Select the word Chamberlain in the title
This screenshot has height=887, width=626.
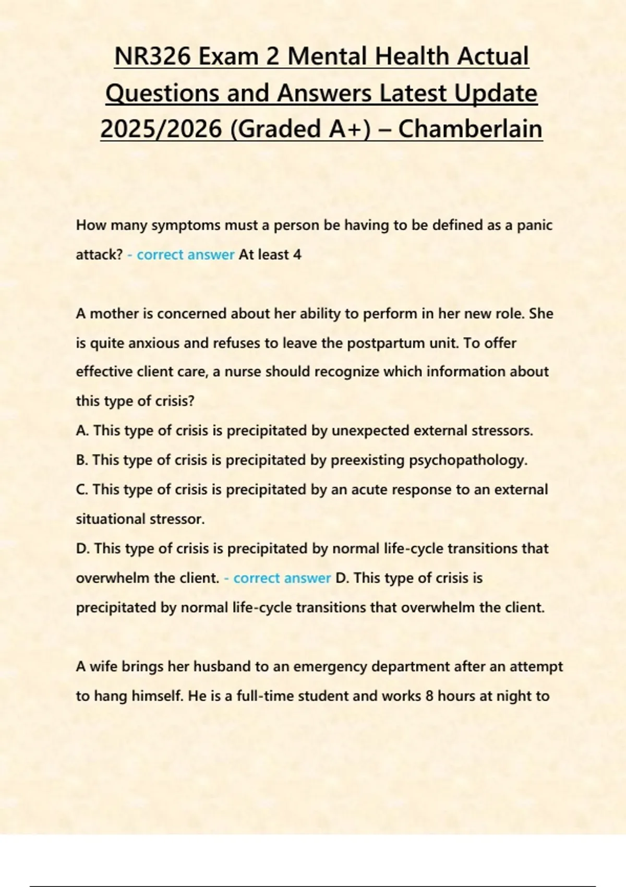[x=470, y=129]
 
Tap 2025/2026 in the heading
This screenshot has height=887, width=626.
[x=161, y=129]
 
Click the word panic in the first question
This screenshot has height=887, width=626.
[x=535, y=225]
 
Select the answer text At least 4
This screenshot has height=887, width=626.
[x=270, y=255]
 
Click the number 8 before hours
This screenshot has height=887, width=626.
[x=429, y=696]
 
